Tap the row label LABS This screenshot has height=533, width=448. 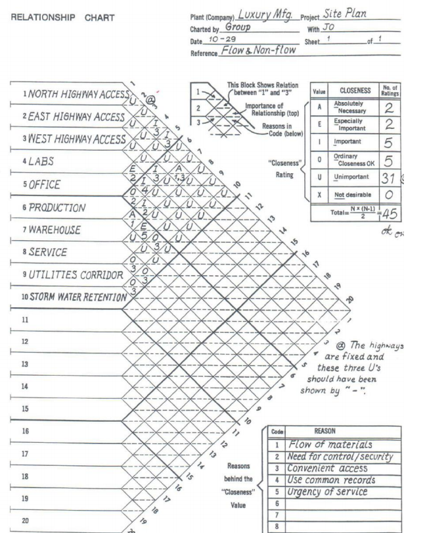29,161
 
